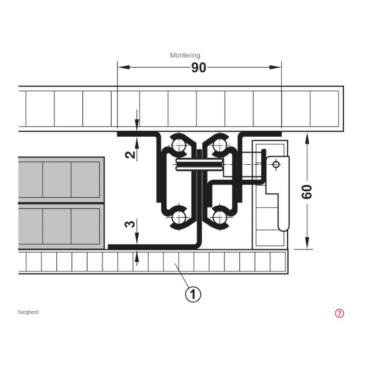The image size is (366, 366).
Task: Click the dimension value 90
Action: point(199,68)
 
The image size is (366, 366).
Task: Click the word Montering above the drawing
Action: point(185,55)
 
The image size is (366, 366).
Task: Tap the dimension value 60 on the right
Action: point(307,192)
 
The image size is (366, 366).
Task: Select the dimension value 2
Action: point(130,155)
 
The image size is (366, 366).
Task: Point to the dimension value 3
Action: point(130,224)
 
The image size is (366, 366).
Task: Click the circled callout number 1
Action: point(193,294)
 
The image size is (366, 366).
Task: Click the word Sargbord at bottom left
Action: point(28,312)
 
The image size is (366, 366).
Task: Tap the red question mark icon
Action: point(339,313)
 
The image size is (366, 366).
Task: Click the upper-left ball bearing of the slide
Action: point(179,145)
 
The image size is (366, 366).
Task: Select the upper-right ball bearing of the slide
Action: point(220,145)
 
